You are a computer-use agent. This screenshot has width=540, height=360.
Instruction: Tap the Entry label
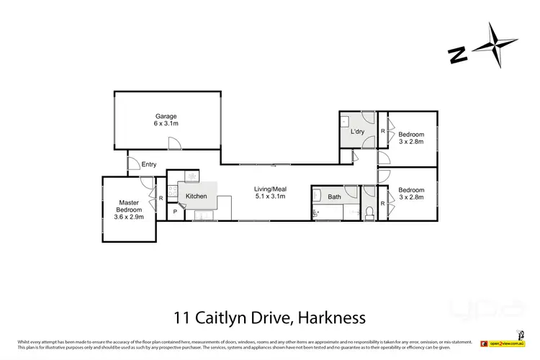click(x=148, y=164)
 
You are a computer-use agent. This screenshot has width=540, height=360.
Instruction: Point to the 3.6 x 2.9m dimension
click(x=130, y=217)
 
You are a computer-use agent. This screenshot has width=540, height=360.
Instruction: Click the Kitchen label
click(x=197, y=196)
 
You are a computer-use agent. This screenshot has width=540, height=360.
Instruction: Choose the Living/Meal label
click(x=270, y=189)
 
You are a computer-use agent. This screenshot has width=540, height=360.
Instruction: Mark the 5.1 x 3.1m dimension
click(x=270, y=197)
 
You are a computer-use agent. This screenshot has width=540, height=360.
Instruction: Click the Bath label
click(x=334, y=197)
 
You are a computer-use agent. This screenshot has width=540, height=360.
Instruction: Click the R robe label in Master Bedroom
click(x=161, y=198)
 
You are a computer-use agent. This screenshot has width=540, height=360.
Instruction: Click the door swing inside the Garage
click(x=175, y=144)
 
